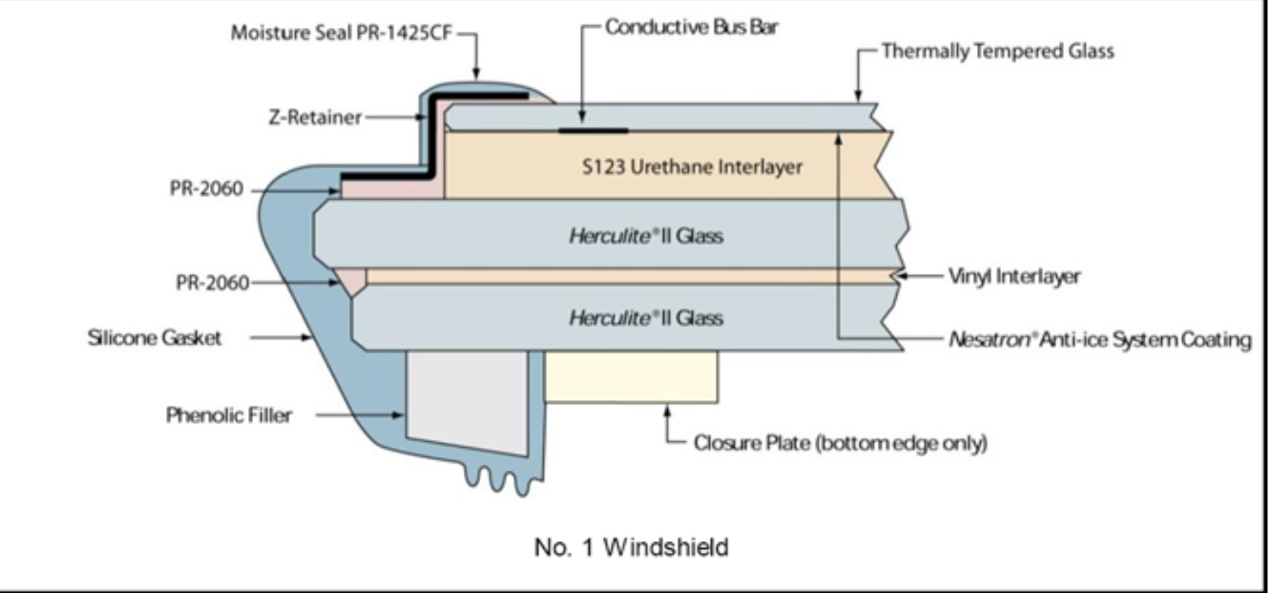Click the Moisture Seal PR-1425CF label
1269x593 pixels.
click(x=341, y=33)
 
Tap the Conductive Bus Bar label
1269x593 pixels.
click(x=691, y=27)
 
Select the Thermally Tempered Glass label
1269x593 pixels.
click(x=997, y=51)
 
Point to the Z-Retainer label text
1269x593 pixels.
click(x=315, y=117)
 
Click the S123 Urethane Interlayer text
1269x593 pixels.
click(x=692, y=167)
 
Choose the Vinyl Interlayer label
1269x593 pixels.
click(x=1014, y=277)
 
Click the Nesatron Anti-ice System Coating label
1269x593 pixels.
click(x=1099, y=340)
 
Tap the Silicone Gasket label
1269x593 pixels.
click(x=154, y=338)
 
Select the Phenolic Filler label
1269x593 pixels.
click(x=229, y=415)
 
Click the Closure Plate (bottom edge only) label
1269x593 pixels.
click(x=840, y=443)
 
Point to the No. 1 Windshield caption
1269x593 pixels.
click(x=631, y=547)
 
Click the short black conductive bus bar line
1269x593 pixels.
click(x=593, y=131)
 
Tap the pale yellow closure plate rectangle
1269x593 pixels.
click(x=630, y=376)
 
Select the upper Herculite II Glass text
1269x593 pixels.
click(x=646, y=236)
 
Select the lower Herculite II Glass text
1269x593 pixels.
click(x=646, y=319)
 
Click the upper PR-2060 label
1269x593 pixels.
click(x=206, y=189)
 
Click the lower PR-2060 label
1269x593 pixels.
click(x=213, y=283)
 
